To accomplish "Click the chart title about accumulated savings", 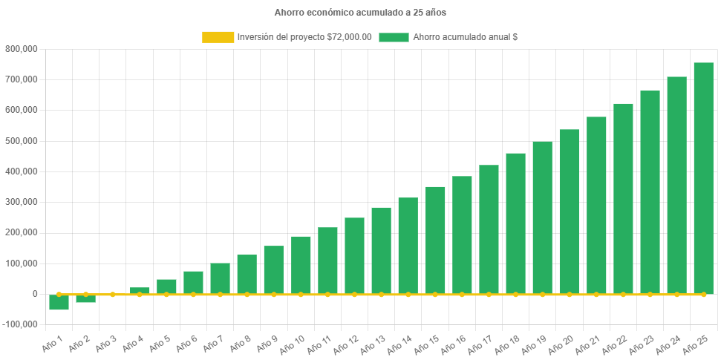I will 360,13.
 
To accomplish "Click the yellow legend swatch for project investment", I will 218,37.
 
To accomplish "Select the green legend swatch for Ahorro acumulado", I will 394,37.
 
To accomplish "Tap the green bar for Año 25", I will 703,178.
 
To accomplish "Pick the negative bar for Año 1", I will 59,302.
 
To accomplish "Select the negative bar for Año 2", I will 85,298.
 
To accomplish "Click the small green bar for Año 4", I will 140,290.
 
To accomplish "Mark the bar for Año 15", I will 435,240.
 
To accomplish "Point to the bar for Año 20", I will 569,212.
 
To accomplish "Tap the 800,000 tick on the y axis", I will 22,49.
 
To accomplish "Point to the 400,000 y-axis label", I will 22,171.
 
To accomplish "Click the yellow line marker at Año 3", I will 113,294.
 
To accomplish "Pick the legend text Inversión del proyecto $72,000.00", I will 304,37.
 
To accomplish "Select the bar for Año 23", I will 650,192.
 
